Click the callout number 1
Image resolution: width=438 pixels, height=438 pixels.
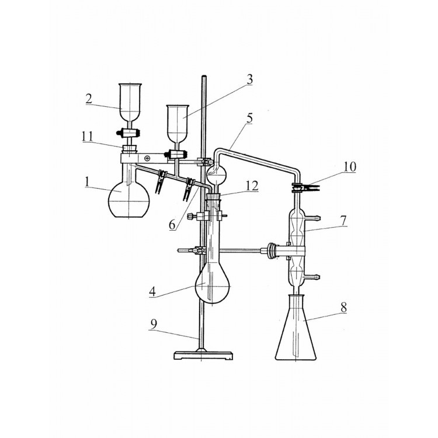(88, 182)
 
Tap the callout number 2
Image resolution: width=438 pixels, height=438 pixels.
(89, 99)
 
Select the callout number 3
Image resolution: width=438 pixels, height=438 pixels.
(249, 79)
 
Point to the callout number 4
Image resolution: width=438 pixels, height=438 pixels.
(152, 291)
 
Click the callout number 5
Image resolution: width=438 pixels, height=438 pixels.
(249, 118)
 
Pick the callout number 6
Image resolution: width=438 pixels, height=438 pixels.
(173, 225)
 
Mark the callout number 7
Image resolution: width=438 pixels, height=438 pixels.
(343, 221)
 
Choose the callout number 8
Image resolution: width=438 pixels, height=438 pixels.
(343, 307)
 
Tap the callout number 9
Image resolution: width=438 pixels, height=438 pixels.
(154, 324)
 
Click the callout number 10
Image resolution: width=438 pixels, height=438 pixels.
(350, 167)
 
